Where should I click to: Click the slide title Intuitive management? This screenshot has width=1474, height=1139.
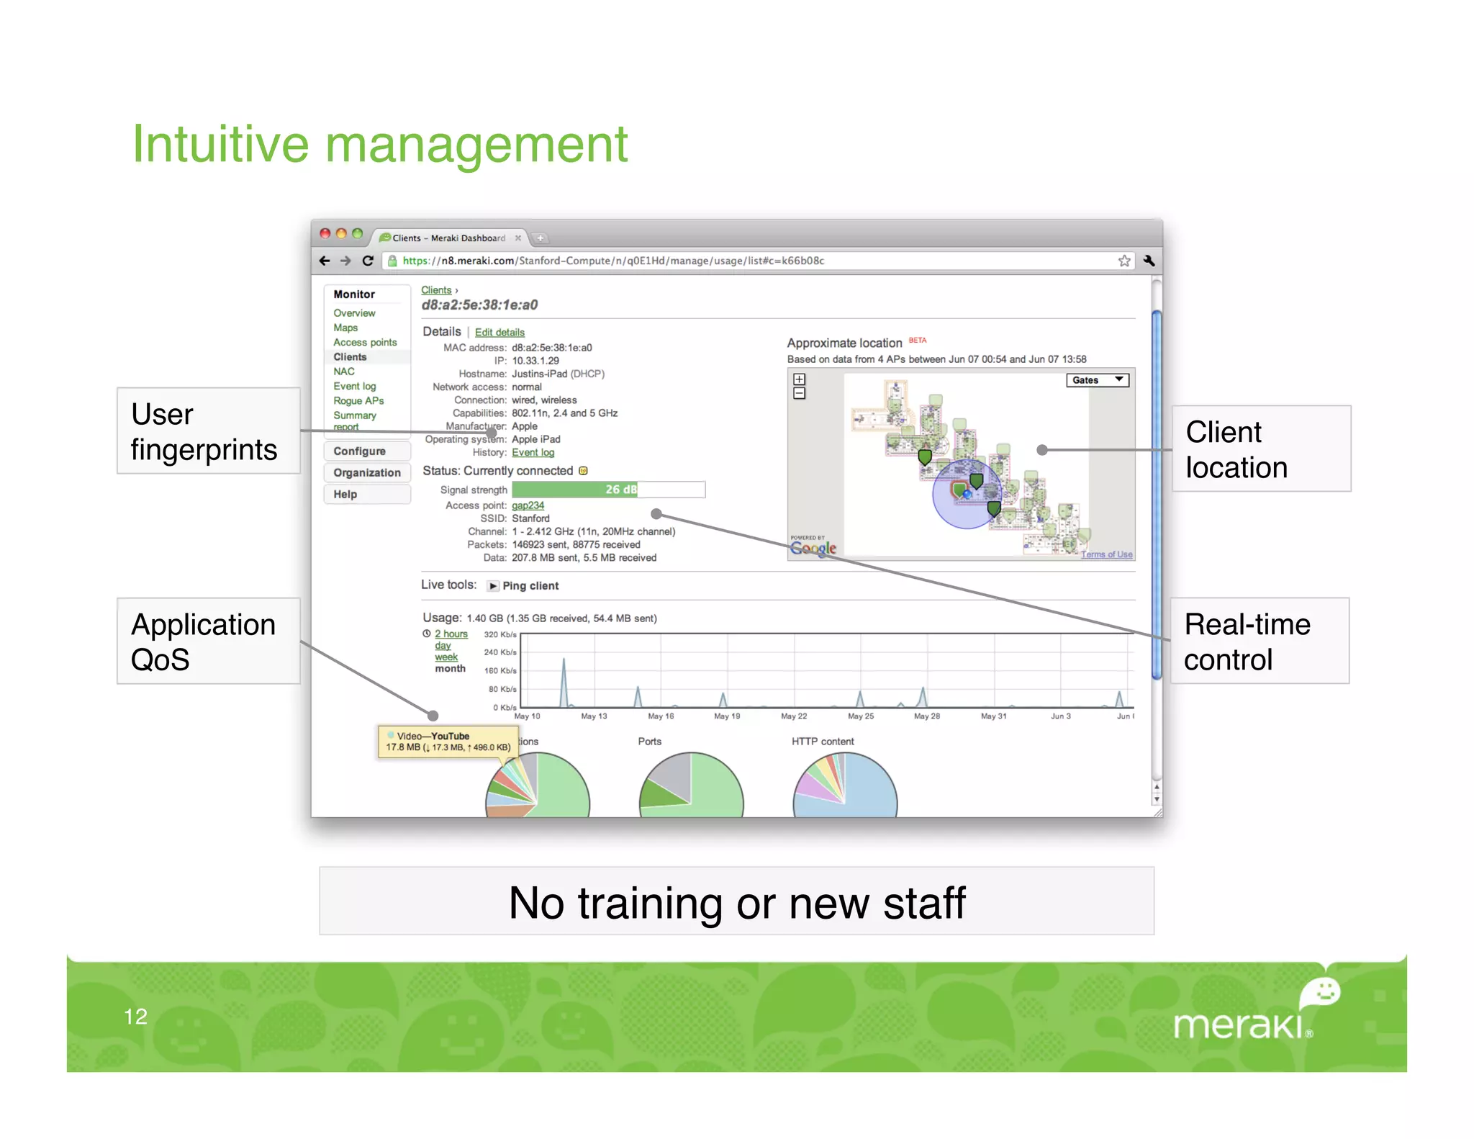point(380,145)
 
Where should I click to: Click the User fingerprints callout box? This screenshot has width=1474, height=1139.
point(208,431)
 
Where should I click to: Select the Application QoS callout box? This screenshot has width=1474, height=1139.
point(208,641)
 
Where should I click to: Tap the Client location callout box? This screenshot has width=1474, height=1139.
point(1261,449)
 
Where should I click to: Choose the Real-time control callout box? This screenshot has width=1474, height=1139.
point(1259,641)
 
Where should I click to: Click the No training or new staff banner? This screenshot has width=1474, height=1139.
point(736,901)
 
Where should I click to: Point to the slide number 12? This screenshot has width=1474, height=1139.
point(135,1016)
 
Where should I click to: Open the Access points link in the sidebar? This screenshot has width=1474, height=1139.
point(365,343)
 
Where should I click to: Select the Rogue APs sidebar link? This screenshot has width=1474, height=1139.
point(358,401)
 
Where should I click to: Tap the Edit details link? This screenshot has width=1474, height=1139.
point(499,333)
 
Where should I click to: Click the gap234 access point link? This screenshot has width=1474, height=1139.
point(528,505)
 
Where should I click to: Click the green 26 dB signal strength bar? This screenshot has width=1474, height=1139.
point(574,490)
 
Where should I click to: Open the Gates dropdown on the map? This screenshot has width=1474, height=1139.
point(1097,380)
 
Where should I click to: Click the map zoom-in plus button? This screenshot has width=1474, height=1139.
point(799,379)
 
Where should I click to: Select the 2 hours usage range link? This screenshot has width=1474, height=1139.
point(451,634)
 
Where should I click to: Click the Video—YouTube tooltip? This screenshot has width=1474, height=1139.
point(448,742)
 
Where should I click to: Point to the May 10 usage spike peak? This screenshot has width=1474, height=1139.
point(564,659)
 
